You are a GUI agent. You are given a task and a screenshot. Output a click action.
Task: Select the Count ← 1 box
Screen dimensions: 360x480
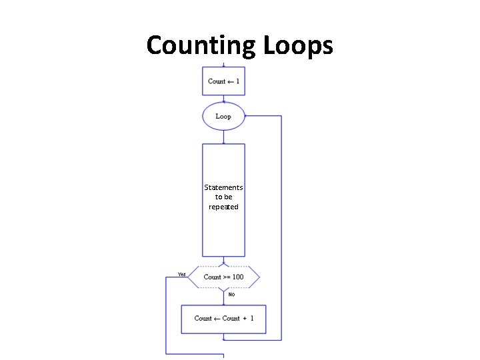point(223,81)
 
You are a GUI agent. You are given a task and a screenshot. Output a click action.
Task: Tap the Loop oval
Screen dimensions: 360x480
point(223,116)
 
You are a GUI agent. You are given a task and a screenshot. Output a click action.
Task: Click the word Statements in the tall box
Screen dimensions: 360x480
point(223,188)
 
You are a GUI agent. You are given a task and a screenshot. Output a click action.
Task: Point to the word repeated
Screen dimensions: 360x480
point(223,207)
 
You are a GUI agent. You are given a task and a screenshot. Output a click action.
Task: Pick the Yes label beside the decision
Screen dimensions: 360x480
point(182,274)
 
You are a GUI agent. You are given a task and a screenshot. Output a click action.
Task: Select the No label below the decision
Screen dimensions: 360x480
point(231,294)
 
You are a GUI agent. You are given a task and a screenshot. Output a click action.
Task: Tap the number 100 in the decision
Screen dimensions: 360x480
point(237,277)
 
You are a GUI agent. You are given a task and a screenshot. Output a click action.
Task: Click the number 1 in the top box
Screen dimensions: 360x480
point(237,81)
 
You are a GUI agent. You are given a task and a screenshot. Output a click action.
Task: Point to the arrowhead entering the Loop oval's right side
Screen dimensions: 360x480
point(247,116)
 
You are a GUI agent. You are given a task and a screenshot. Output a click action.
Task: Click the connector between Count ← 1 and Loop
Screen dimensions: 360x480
point(223,99)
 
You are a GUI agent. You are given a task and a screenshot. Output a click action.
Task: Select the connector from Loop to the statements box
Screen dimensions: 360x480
point(223,137)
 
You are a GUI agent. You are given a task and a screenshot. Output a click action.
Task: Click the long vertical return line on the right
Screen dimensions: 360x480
point(281,227)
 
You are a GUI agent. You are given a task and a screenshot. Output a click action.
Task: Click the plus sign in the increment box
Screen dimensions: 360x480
point(243,319)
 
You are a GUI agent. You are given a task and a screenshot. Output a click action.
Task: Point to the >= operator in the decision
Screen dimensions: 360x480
point(227,277)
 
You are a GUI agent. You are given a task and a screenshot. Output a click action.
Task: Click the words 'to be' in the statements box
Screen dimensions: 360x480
point(223,197)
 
